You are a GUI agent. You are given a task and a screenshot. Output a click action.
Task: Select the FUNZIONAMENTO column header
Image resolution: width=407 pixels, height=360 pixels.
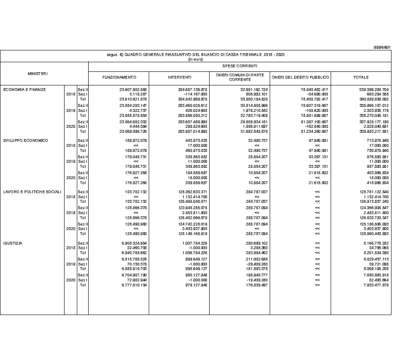119,77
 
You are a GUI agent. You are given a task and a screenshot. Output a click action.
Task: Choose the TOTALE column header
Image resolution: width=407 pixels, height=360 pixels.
361,77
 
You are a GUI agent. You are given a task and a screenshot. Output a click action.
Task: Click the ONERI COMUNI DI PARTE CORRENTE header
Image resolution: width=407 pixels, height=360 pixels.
240,77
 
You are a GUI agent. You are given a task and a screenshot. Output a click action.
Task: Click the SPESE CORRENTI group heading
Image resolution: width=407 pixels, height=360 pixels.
240,66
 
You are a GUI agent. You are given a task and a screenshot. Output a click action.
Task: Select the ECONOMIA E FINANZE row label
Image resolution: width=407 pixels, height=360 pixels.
25,90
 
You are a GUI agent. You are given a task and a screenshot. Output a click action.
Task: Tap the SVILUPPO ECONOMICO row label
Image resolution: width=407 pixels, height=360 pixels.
25,140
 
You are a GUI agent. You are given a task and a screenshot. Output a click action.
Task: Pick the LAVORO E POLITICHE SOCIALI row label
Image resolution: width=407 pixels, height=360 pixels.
32,192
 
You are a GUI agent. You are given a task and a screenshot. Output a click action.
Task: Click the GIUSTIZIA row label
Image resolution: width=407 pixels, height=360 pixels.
13,243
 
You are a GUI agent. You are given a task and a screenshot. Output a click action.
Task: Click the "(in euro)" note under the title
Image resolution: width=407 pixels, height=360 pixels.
195,59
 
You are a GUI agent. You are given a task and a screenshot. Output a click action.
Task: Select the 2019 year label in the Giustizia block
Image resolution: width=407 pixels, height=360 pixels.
70,264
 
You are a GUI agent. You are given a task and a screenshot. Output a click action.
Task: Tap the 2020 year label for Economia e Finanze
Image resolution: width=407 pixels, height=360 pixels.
70,126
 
